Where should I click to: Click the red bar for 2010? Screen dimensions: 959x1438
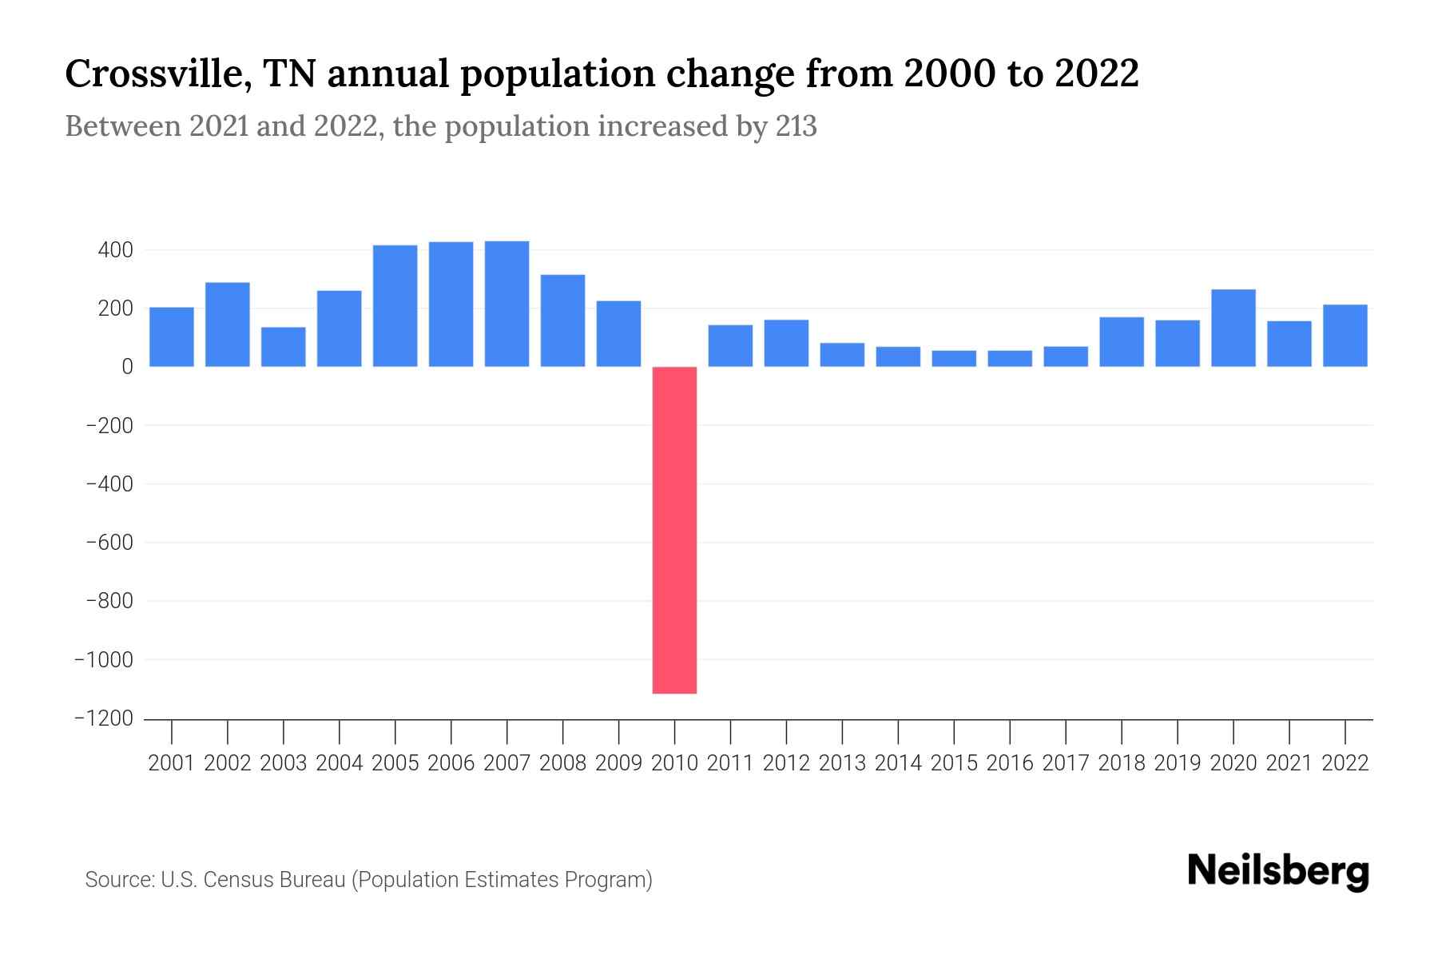point(674,529)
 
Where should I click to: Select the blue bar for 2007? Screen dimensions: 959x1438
point(506,304)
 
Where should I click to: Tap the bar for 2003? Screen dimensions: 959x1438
point(283,347)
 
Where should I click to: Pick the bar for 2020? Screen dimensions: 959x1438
point(1233,328)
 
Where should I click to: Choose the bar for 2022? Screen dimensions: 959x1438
point(1345,336)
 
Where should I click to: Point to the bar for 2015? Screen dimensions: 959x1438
point(953,358)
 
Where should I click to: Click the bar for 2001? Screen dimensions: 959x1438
point(171,336)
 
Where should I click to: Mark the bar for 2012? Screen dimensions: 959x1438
point(786,343)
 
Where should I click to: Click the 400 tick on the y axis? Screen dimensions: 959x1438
point(115,250)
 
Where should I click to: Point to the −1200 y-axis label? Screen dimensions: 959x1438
point(104,718)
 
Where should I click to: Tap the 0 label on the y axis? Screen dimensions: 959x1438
point(126,367)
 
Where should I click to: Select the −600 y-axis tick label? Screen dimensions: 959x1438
point(109,543)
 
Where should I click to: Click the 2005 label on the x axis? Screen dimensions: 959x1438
point(395,763)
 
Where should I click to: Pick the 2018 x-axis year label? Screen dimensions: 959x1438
point(1121,763)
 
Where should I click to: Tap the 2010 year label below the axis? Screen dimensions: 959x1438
point(674,763)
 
